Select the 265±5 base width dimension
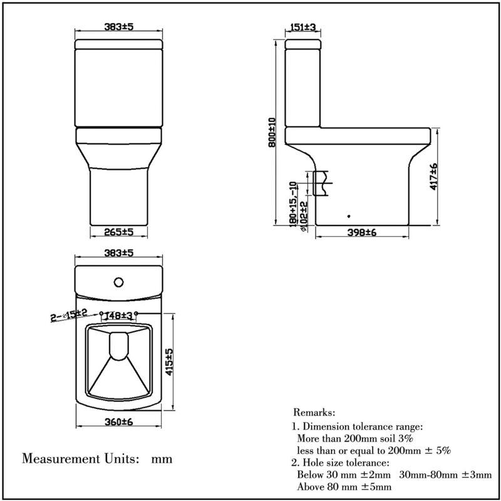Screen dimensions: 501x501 pyautogui.click(x=119, y=232)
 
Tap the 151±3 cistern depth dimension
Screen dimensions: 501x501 pyautogui.click(x=303, y=27)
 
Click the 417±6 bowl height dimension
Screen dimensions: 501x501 pyautogui.click(x=434, y=177)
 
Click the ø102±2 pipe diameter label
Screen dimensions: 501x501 pyautogui.click(x=303, y=216)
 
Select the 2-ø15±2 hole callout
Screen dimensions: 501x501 pyautogui.click(x=69, y=314)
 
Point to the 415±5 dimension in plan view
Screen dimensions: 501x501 pyautogui.click(x=169, y=361)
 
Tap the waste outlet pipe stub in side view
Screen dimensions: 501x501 pyautogui.click(x=321, y=182)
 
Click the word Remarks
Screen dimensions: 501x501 pyautogui.click(x=314, y=413)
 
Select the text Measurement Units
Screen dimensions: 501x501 pyautogui.click(x=80, y=458)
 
